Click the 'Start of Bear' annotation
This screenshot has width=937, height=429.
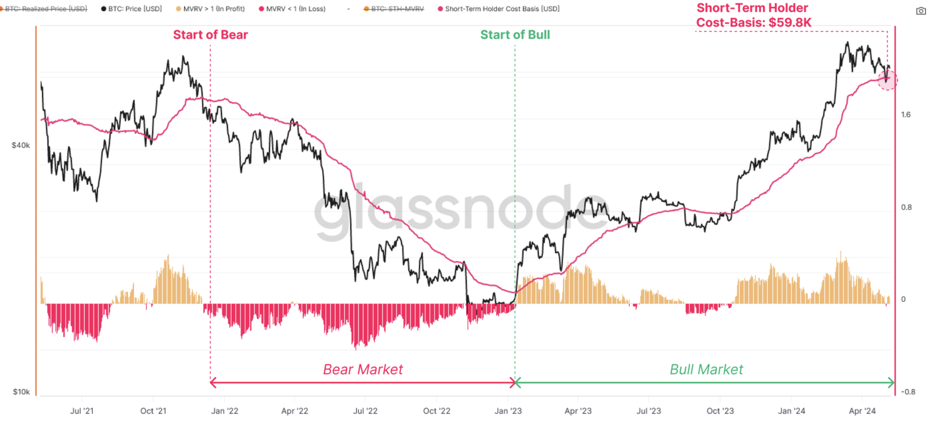click(210, 35)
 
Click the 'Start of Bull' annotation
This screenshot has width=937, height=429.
click(515, 35)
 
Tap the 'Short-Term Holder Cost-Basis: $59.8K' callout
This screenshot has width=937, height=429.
click(753, 15)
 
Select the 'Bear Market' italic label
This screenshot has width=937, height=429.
click(363, 369)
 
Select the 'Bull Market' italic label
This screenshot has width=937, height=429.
click(706, 369)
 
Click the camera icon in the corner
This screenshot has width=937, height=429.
click(921, 11)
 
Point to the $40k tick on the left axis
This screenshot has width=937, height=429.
click(21, 145)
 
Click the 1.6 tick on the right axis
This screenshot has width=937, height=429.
click(906, 115)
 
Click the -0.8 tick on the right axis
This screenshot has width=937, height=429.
click(908, 392)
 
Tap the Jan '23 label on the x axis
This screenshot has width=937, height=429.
click(508, 411)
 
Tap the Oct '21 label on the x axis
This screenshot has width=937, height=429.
click(153, 411)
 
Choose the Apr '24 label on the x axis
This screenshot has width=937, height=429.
click(862, 411)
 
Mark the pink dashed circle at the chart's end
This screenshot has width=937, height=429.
click(887, 80)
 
